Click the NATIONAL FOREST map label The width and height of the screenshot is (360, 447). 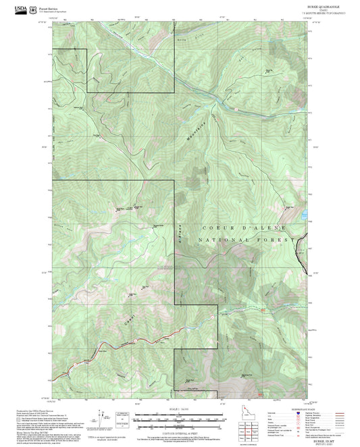[x=247, y=240]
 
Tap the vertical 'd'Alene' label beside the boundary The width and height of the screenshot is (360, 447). [x=180, y=234]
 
